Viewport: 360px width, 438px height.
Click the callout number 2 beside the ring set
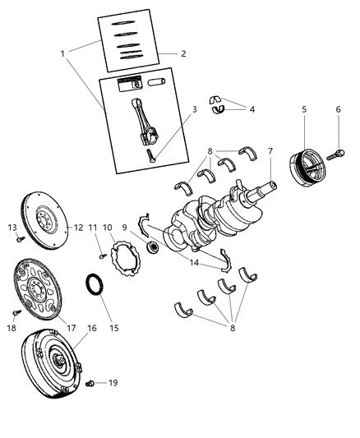(183, 54)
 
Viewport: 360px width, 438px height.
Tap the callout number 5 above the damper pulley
(303, 108)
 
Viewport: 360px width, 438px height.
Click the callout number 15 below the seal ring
(114, 327)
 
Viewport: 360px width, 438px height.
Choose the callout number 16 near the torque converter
(91, 327)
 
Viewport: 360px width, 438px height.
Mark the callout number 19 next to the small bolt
(114, 382)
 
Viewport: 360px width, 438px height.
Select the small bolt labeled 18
(14, 313)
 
